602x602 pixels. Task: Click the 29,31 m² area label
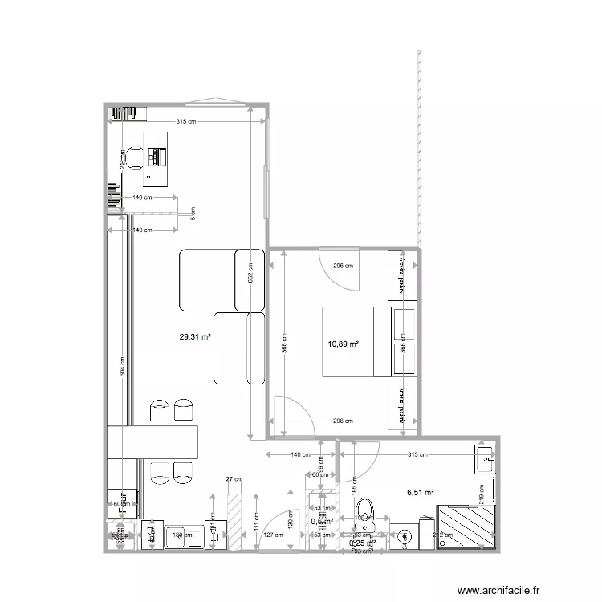click(x=195, y=338)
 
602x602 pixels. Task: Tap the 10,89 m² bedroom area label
click(x=343, y=344)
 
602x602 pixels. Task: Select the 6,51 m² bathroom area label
click(x=420, y=493)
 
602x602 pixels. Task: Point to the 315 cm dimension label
click(x=186, y=122)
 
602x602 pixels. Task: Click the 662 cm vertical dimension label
click(x=250, y=275)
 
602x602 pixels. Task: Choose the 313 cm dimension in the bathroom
click(x=418, y=454)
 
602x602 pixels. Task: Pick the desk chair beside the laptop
click(x=132, y=157)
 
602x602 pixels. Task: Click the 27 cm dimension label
click(x=234, y=479)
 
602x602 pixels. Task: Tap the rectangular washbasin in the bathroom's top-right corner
click(x=485, y=459)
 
